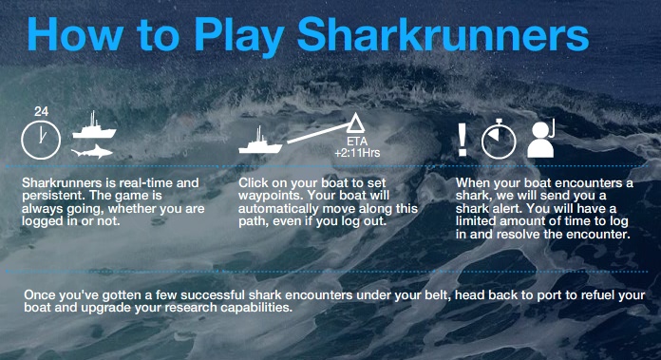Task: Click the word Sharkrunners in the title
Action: coord(444,34)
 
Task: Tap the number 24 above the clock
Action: coord(42,112)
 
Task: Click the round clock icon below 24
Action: coord(41,140)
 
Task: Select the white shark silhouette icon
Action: coord(92,151)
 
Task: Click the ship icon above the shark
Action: coord(94,125)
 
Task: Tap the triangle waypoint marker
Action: coord(355,123)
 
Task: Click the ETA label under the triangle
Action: coord(357,142)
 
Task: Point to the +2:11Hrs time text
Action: coord(357,153)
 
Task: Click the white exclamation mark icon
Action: coord(463,140)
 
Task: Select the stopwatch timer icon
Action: coord(499,139)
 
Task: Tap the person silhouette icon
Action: coord(540,139)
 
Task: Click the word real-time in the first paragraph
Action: coord(146,183)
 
